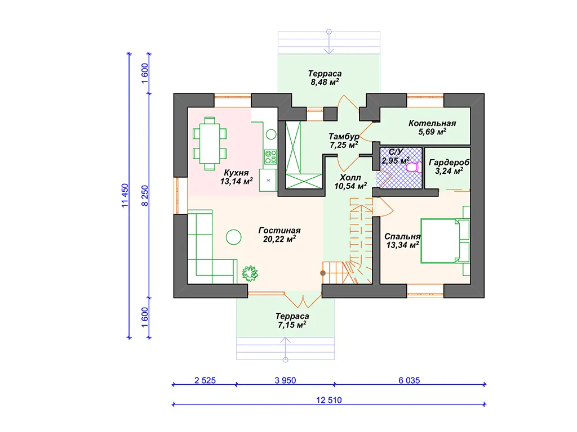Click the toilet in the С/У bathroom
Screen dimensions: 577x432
(x=414, y=166)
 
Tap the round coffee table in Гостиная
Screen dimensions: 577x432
(x=233, y=237)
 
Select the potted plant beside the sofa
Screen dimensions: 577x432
(x=250, y=273)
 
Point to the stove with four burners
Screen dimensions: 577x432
(x=270, y=156)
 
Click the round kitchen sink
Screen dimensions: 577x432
(x=271, y=134)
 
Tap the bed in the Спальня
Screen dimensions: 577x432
(x=445, y=241)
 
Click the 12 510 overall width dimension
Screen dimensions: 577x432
(x=329, y=400)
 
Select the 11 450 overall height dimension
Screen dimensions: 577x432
(x=125, y=195)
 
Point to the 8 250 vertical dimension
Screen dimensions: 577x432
(x=145, y=195)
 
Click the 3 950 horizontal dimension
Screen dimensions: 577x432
(x=285, y=380)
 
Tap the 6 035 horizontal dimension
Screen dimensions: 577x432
(x=409, y=380)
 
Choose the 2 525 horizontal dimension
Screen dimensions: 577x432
(x=205, y=380)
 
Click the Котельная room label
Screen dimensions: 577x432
(x=432, y=123)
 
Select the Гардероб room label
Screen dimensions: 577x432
(x=449, y=163)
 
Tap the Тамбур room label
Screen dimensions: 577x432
(x=344, y=136)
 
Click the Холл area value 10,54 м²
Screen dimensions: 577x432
(x=350, y=186)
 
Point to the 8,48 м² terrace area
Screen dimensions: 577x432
(x=325, y=82)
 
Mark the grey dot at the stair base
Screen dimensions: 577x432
(x=323, y=273)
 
